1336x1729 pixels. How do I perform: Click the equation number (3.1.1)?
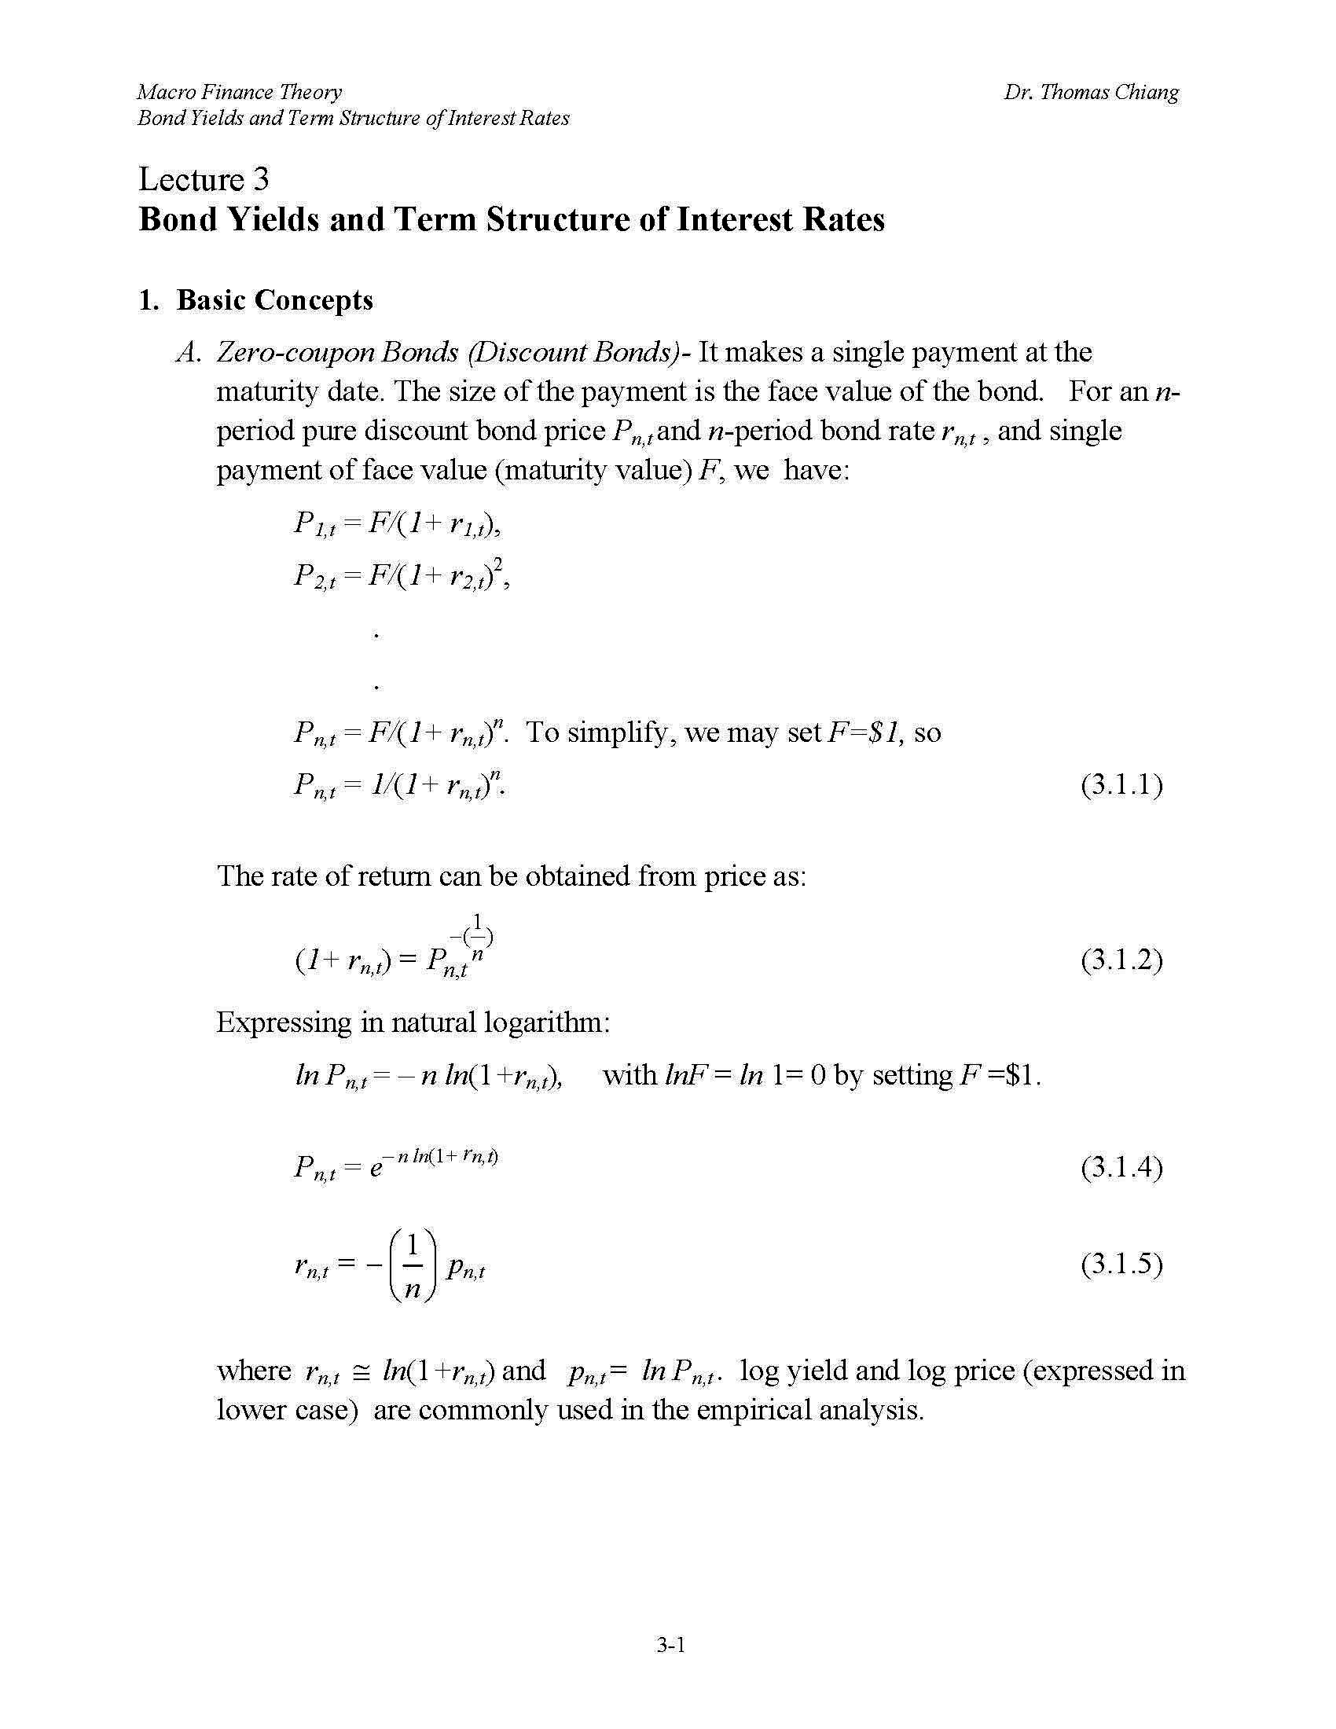click(1121, 784)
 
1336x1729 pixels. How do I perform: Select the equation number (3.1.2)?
click(1121, 960)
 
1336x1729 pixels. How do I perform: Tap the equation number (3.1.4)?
click(1121, 1168)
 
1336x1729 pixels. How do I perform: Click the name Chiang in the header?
click(1147, 93)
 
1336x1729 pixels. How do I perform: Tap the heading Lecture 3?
click(204, 180)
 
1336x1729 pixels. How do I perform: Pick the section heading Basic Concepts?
click(273, 300)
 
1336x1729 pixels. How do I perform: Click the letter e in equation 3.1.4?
click(376, 1169)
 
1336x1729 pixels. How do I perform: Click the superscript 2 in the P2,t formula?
click(497, 563)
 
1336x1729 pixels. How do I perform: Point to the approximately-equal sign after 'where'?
click(360, 1372)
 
